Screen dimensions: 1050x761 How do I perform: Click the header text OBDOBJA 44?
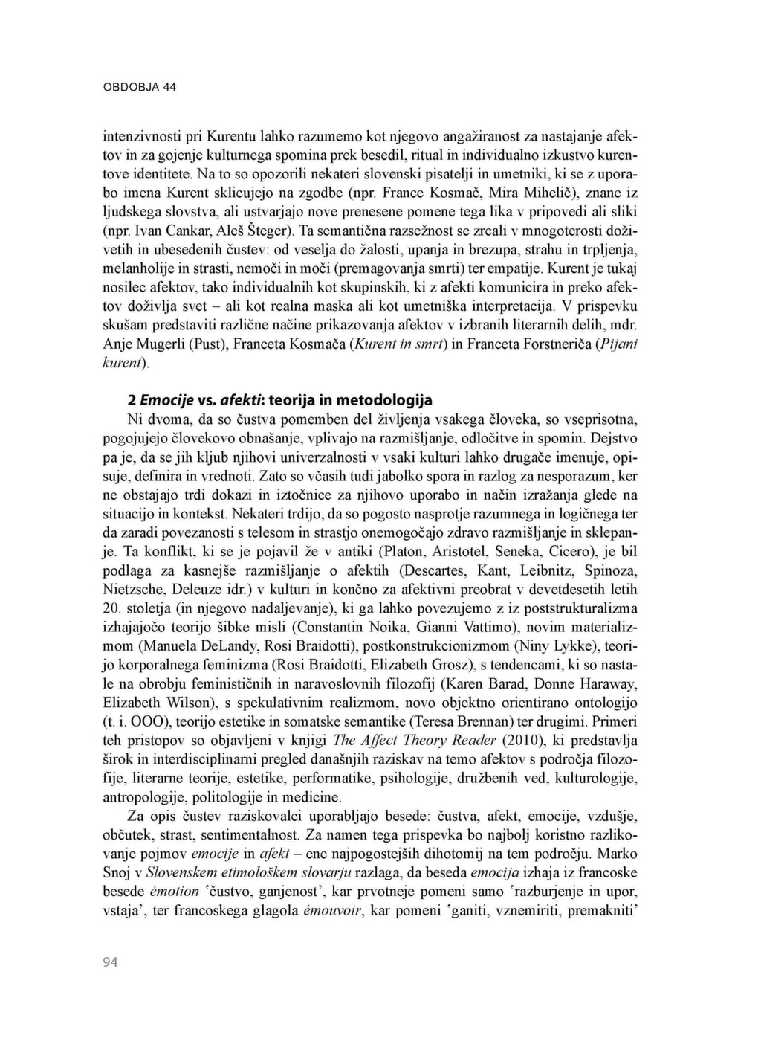point(139,87)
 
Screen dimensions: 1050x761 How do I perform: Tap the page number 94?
point(110,962)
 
